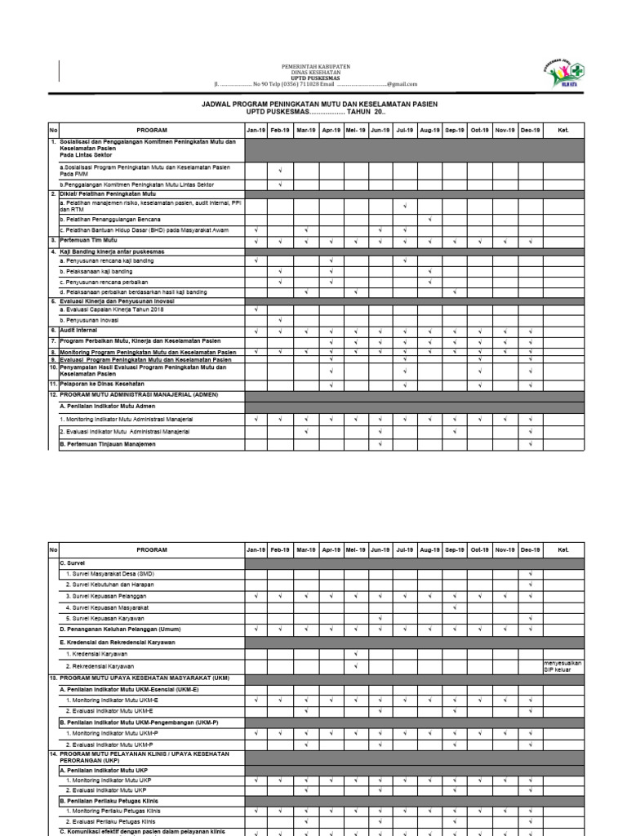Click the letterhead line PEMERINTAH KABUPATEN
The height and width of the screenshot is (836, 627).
315,65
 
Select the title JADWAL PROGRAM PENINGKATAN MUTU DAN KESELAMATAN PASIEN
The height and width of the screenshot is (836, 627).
319,104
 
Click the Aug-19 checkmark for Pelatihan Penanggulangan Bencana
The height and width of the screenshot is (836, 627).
429,220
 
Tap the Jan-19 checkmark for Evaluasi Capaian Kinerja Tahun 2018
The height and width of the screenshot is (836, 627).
256,310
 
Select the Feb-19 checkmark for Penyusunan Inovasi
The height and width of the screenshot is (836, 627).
280,321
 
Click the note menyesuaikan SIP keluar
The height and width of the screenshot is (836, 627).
563,666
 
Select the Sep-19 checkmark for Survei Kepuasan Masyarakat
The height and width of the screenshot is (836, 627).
454,607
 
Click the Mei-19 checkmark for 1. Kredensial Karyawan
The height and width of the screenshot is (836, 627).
356,654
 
